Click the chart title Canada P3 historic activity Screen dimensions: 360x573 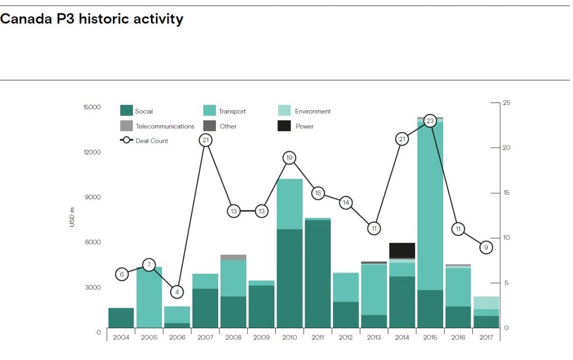coord(92,19)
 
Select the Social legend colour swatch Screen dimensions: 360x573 coord(126,111)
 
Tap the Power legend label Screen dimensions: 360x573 coord(304,127)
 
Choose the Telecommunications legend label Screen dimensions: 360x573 coord(165,127)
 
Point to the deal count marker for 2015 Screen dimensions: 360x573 coord(430,121)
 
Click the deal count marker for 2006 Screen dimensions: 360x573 coord(177,292)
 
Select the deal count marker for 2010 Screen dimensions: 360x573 coord(289,158)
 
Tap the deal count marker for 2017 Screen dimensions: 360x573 coord(486,247)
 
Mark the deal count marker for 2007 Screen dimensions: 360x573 coord(205,140)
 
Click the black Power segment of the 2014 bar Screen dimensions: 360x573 coord(402,250)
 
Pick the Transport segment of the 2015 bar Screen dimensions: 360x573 coord(430,207)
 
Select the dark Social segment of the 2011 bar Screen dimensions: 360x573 coord(317,274)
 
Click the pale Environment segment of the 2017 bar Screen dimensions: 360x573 coord(486,302)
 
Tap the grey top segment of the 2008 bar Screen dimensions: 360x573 coord(233,258)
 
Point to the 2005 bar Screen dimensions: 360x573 coord(149,297)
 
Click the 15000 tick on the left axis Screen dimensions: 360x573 coord(92,107)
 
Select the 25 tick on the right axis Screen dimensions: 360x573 coord(506,103)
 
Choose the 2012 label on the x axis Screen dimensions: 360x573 coord(345,337)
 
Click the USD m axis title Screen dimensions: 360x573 coord(72,217)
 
